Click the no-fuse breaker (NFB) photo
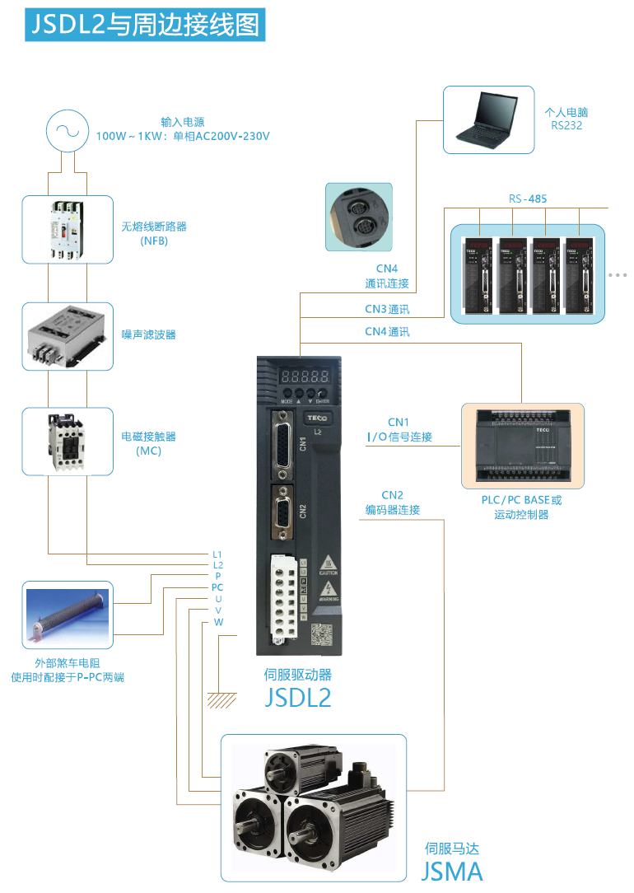67,229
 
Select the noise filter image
67,336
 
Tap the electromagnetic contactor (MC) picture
67,441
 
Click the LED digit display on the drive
306,376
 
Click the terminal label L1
217,554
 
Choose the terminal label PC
217,587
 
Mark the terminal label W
218,622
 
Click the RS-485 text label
527,199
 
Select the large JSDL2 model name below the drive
297,698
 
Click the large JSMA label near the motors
452,872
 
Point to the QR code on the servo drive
322,636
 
